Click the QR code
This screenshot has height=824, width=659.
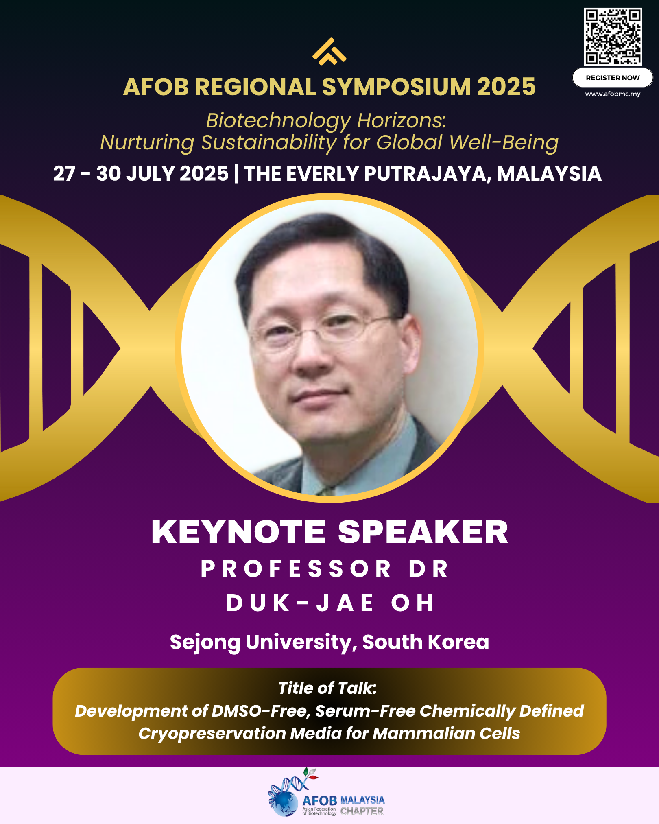[613, 37]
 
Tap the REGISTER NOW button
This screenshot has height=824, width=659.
[613, 78]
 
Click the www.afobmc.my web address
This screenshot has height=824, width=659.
[613, 94]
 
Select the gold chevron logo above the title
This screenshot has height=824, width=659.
[329, 51]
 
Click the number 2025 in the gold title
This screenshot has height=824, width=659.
[506, 87]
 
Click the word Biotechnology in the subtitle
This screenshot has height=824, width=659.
[278, 121]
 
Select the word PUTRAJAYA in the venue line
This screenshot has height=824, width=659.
[428, 174]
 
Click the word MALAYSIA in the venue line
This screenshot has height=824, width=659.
[549, 174]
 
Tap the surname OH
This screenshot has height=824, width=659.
[412, 603]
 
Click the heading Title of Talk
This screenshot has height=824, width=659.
[327, 688]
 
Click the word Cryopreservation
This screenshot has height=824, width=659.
[212, 734]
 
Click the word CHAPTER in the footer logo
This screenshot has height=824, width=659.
[362, 811]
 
